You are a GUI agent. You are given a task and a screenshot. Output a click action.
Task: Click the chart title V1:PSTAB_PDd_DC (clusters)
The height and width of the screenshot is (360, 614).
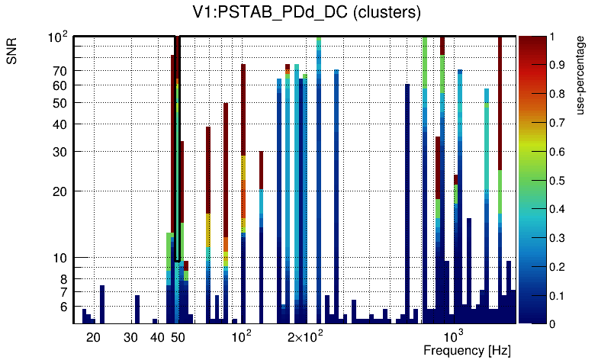pos(307,14)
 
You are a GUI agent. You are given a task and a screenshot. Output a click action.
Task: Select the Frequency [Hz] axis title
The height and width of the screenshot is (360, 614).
pos(467,350)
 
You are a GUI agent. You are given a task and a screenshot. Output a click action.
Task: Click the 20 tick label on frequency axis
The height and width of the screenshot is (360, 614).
pos(93,337)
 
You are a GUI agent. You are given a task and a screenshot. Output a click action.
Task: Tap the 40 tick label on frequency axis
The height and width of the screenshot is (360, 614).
pos(157,337)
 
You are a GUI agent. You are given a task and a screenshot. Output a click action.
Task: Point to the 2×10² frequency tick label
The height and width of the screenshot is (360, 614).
pos(306,336)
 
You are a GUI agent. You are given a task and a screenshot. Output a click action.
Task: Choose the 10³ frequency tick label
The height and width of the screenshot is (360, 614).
pos(454,336)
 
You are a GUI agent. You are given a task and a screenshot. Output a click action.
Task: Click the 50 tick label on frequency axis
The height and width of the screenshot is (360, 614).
pos(178,337)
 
